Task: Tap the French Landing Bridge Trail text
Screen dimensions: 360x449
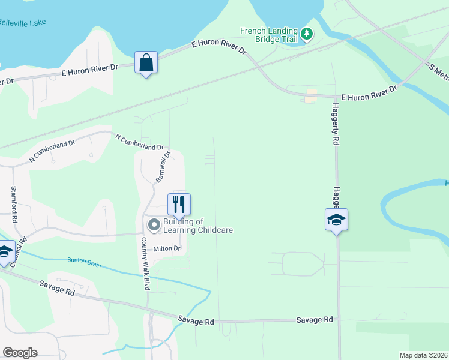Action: coord(268,34)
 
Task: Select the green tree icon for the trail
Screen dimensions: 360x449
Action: coord(307,34)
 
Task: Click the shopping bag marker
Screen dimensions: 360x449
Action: coord(146,62)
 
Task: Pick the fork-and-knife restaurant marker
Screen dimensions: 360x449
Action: coord(179,204)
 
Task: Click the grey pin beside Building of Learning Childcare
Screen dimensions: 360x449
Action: coord(154,226)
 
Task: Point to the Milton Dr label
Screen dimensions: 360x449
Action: coord(167,248)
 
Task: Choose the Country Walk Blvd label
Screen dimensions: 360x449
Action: coord(145,263)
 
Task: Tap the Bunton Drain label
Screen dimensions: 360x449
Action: coord(84,262)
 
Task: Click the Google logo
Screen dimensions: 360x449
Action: coord(20,353)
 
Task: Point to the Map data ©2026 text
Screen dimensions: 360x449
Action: coord(423,355)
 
